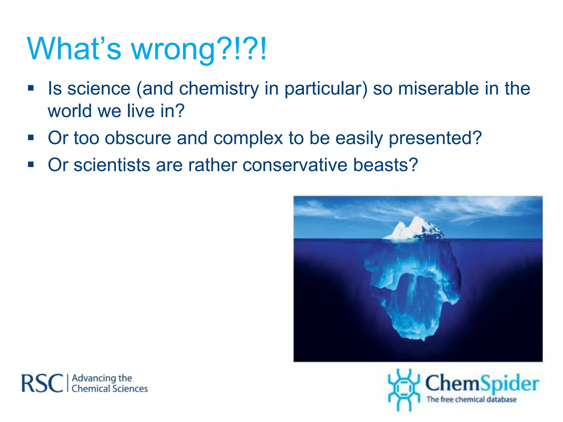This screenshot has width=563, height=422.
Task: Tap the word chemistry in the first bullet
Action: [219, 89]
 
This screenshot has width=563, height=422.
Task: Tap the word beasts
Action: [385, 165]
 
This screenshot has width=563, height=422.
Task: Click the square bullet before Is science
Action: [31, 88]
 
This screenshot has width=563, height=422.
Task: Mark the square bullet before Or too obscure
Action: [31, 137]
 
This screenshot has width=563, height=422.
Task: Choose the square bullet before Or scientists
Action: [31, 165]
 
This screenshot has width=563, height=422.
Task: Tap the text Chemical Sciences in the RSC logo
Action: [109, 389]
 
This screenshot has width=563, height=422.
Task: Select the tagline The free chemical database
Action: [471, 399]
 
